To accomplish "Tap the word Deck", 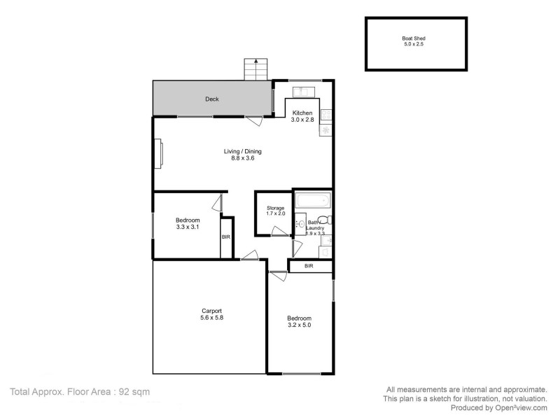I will tap(211, 99).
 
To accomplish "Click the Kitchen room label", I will tap(302, 113).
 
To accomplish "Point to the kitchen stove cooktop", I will tap(326, 115).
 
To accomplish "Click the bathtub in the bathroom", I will tap(313, 201).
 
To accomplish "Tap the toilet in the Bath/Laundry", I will tap(327, 223).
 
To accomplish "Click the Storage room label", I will tap(275, 209).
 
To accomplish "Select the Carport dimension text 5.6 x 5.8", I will tap(211, 318).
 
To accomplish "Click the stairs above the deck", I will tap(255, 69).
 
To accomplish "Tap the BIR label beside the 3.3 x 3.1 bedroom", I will tap(226, 237).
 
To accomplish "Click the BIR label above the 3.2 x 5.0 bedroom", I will tap(309, 266).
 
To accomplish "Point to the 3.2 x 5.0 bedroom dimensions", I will tap(299, 325).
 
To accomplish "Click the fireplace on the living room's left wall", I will tap(159, 153).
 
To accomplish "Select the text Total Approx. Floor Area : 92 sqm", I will tap(80, 392).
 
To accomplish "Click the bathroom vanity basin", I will tap(301, 225).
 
